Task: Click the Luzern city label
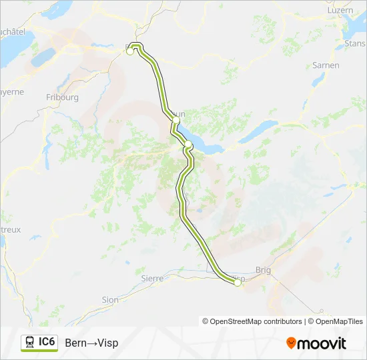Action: pyautogui.click(x=340, y=10)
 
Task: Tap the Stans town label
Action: pyautogui.click(x=353, y=44)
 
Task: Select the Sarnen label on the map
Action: pyautogui.click(x=326, y=65)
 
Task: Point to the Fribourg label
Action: pyautogui.click(x=63, y=97)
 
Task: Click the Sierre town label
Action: pyautogui.click(x=152, y=278)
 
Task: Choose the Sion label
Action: pyautogui.click(x=109, y=300)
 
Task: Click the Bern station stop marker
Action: pyautogui.click(x=130, y=51)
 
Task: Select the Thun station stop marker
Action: pyautogui.click(x=175, y=120)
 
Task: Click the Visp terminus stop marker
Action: pyautogui.click(x=237, y=283)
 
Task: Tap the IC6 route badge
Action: pyautogui.click(x=47, y=342)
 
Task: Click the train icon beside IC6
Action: pyautogui.click(x=29, y=343)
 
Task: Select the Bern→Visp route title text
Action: pyautogui.click(x=91, y=343)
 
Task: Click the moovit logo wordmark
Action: pyautogui.click(x=323, y=343)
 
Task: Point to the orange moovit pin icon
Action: pyautogui.click(x=291, y=343)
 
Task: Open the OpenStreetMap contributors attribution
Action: pyautogui.click(x=252, y=321)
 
